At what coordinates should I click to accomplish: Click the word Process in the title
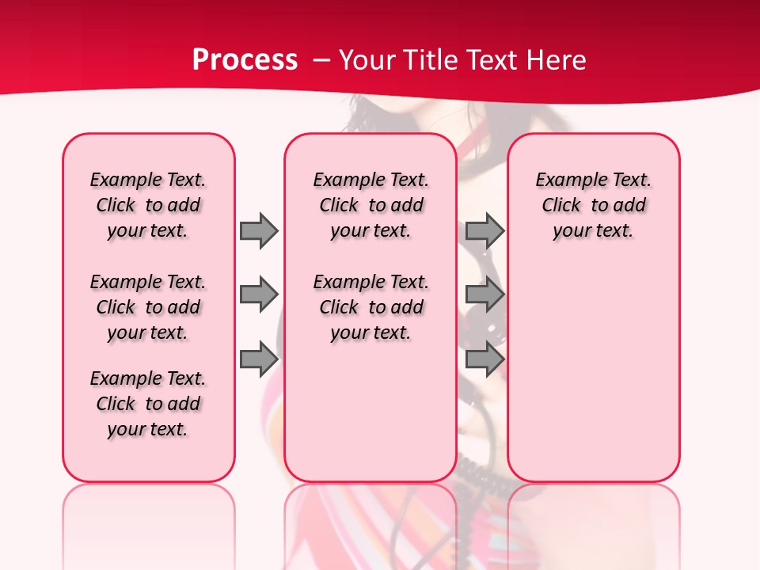245,60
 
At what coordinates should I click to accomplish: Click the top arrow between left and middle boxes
258,230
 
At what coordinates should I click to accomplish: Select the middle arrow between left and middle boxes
258,294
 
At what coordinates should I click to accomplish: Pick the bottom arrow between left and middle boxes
258,359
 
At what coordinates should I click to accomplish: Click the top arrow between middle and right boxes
484,230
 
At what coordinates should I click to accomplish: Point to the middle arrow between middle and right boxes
484,294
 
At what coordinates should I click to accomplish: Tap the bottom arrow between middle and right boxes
484,359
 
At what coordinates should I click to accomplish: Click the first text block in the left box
148,205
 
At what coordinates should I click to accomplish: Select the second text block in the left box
148,307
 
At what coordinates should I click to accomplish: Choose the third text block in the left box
148,404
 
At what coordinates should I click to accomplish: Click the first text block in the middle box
370,205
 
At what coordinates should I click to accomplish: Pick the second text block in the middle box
370,307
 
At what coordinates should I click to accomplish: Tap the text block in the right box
593,205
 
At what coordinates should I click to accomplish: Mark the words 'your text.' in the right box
593,231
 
